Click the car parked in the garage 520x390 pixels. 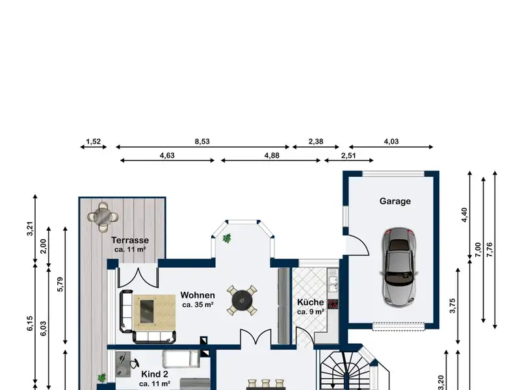pos(396,266)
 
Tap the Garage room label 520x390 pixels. pos(395,201)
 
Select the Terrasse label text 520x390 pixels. pos(130,240)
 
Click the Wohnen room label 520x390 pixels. pos(198,295)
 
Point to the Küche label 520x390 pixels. pos(311,302)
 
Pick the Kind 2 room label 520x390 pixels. pos(155,374)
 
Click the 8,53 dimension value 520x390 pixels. pos(202,140)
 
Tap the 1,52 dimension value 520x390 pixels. pos(94,140)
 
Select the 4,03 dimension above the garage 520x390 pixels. pos(391,140)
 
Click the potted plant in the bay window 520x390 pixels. pos(227,239)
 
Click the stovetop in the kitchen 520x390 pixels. pos(332,304)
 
